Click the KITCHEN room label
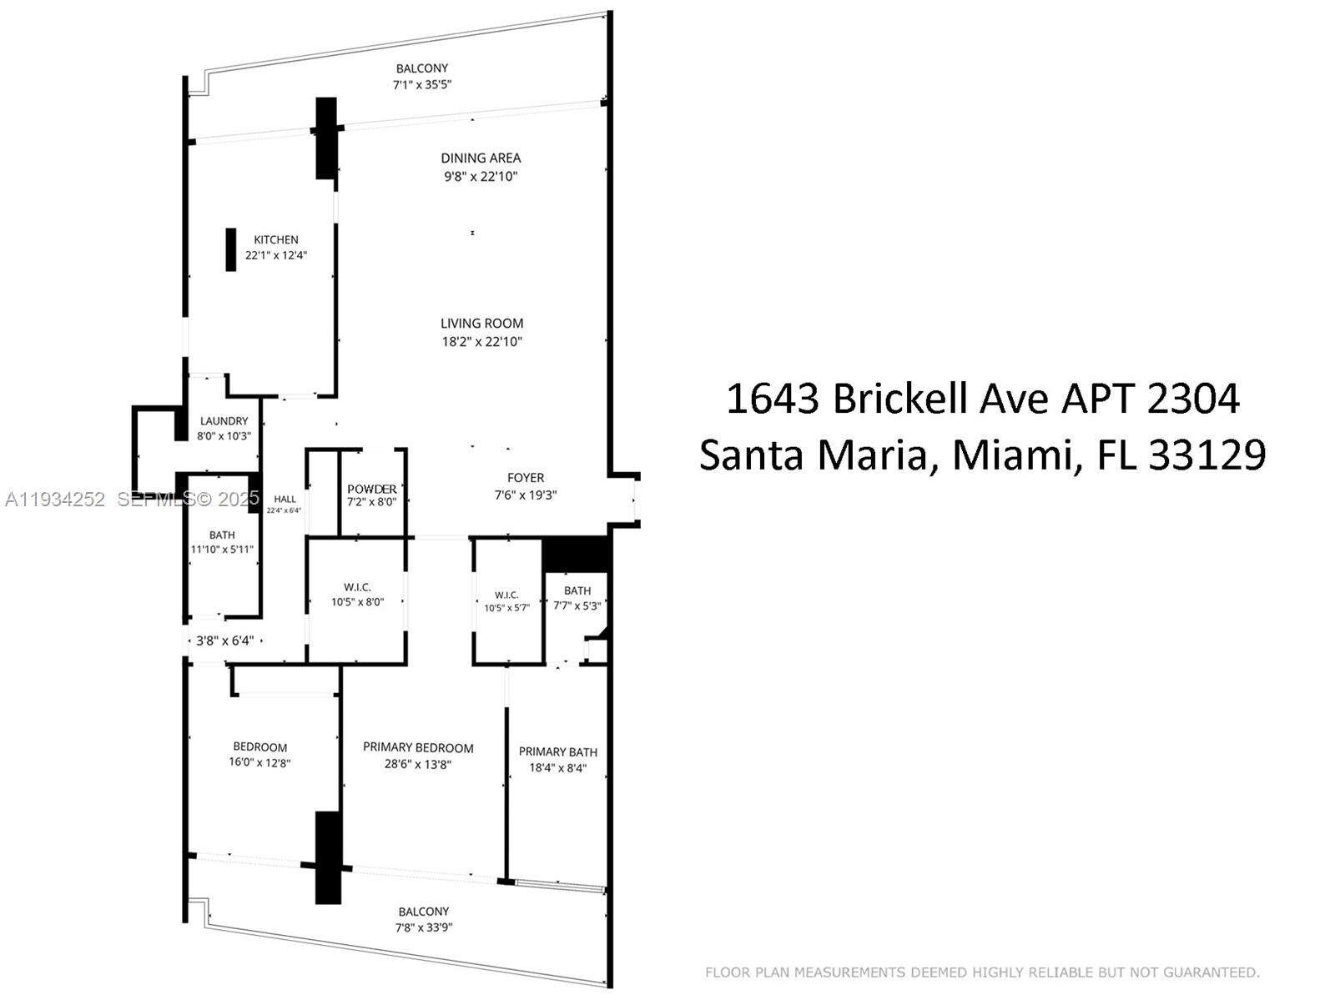click(x=276, y=239)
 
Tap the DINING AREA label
click(x=481, y=158)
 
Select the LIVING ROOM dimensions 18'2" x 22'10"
click(x=482, y=341)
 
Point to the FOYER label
click(x=526, y=478)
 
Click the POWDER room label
click(x=372, y=489)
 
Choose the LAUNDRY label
click(x=224, y=421)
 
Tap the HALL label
click(x=285, y=499)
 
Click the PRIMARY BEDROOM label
click(x=418, y=747)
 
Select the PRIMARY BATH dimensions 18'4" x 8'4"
click(x=558, y=768)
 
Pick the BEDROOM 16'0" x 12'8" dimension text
click(x=260, y=762)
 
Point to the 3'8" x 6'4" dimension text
click(x=224, y=641)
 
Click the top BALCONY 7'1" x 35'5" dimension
click(x=422, y=84)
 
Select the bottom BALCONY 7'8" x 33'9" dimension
click(x=424, y=927)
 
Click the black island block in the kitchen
click(x=231, y=249)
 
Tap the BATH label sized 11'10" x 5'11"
click(x=222, y=535)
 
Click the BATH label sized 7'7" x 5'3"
click(x=577, y=590)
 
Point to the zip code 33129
click(x=1207, y=455)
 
